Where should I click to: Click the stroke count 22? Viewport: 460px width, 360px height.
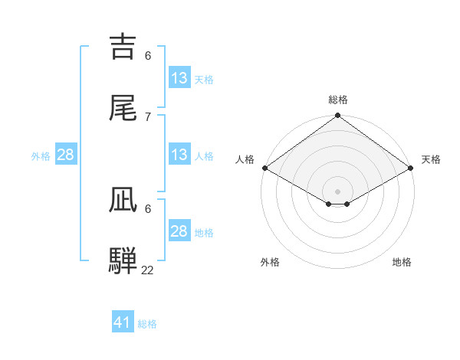148,270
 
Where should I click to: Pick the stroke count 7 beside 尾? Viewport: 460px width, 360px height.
148,116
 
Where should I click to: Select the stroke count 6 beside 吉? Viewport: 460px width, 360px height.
148,56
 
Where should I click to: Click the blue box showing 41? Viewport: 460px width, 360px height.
123,322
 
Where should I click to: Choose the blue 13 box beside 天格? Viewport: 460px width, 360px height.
179,78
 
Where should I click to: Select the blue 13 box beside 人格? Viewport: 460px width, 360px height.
179,155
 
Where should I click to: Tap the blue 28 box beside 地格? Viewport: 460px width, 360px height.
179,231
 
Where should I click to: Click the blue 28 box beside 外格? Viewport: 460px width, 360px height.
66,155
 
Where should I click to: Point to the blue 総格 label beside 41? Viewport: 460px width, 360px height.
147,324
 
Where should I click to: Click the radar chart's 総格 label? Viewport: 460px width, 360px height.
338,100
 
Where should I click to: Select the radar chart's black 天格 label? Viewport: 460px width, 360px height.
431,159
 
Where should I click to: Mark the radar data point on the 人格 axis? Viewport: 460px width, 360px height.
264,168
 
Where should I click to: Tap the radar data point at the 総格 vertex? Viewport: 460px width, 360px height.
338,116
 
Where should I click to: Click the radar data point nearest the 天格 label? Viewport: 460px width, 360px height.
412,168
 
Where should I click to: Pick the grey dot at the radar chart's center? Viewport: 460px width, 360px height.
338,191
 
